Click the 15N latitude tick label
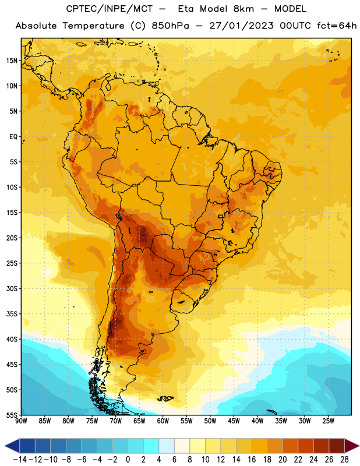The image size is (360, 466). coord(12,61)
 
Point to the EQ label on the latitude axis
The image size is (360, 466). coord(13,137)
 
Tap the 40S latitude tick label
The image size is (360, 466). coord(12,339)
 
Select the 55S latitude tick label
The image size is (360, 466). coord(12,415)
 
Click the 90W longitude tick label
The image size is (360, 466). coord(21,421)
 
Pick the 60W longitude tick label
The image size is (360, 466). coord(163,421)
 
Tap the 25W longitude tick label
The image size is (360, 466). coord(328,421)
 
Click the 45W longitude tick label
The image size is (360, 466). coord(234,421)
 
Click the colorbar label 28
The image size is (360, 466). coord(344,460)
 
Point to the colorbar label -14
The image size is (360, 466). coord(20,460)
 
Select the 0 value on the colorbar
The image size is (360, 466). coord(128,460)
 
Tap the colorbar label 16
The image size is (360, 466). coord(252,460)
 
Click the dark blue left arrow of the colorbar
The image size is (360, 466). coord(12,446)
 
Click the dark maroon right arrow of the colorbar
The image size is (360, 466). coord(352,446)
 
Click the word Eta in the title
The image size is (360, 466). coord(186,9)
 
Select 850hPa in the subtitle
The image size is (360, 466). coord(170,26)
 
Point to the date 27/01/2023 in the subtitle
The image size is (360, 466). coord(241,26)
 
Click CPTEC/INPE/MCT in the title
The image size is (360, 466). coord(110,9)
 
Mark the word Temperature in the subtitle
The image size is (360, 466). coord(93,26)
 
